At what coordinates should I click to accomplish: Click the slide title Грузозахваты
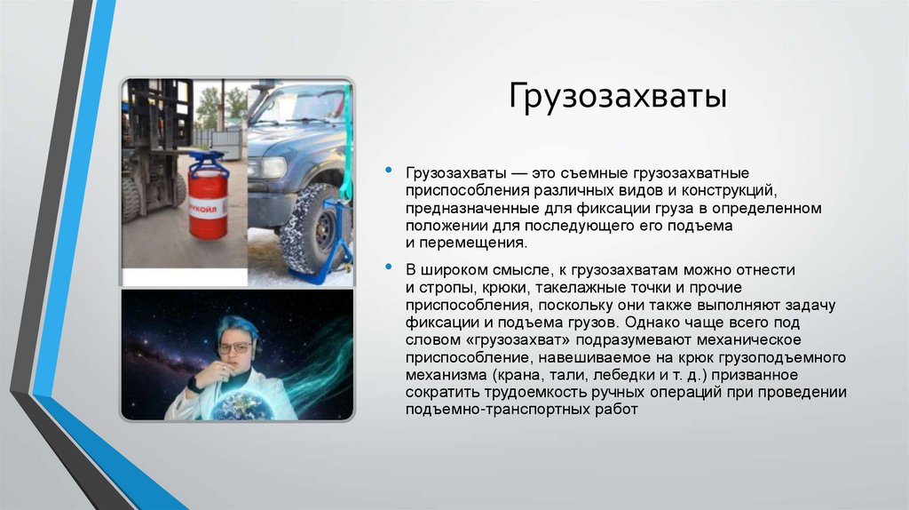point(617,96)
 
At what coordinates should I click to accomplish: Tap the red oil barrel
point(208,207)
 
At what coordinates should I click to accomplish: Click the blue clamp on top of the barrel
point(208,163)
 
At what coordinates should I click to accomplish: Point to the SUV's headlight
point(270,167)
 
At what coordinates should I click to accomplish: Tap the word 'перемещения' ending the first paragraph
point(470,243)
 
